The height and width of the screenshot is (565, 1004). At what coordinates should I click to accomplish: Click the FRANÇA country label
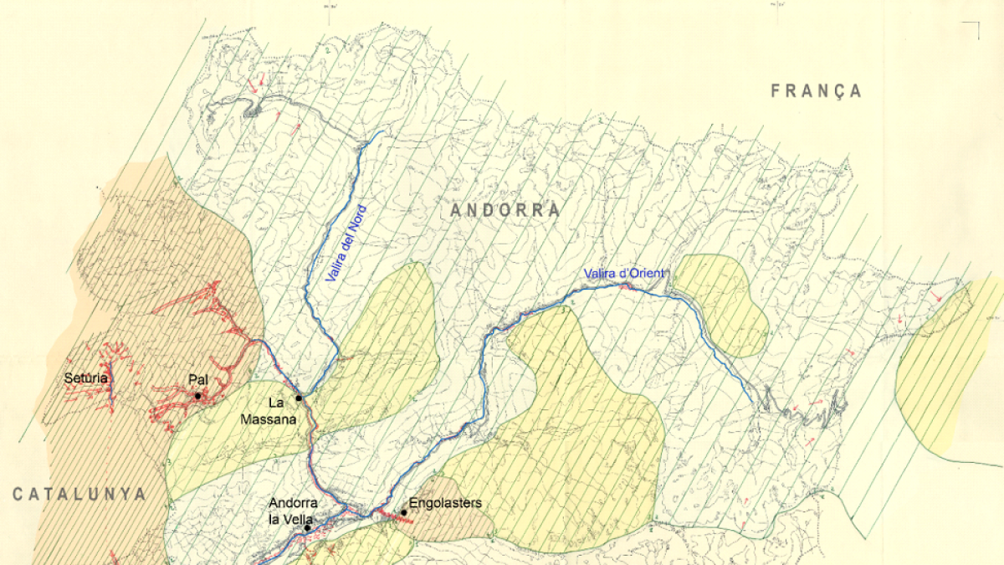pyautogui.click(x=816, y=91)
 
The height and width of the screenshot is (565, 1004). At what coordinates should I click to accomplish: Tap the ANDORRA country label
pyautogui.click(x=505, y=210)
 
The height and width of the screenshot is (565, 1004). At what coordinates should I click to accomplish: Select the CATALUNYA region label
pyautogui.click(x=79, y=494)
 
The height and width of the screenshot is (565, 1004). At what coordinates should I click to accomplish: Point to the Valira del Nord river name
pyautogui.click(x=346, y=243)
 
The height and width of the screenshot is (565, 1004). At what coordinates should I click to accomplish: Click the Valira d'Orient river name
pyautogui.click(x=624, y=274)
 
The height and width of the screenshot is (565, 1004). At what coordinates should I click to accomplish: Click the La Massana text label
pyautogui.click(x=282, y=411)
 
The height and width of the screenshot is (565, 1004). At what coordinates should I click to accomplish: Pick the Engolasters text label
pyautogui.click(x=446, y=503)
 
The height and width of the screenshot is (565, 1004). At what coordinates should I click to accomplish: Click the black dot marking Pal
pyautogui.click(x=197, y=396)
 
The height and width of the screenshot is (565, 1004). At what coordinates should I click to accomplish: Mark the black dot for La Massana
pyautogui.click(x=299, y=398)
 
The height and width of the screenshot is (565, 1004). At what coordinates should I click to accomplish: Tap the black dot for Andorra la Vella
pyautogui.click(x=307, y=528)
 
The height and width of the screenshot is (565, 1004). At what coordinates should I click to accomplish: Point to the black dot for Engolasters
pyautogui.click(x=404, y=512)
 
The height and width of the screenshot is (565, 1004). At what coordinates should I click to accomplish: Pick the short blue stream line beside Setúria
pyautogui.click(x=110, y=381)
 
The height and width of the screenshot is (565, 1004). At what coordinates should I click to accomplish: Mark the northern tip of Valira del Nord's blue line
pyautogui.click(x=382, y=131)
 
